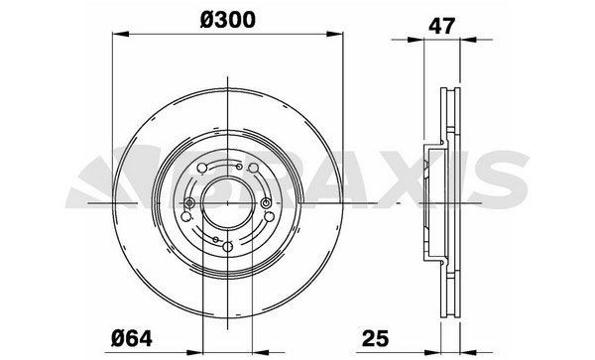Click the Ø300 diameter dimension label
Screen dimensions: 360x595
[x=229, y=18]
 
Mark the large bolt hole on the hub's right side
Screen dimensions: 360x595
[x=269, y=216]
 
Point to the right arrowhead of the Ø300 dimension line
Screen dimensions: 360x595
[x=345, y=39]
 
